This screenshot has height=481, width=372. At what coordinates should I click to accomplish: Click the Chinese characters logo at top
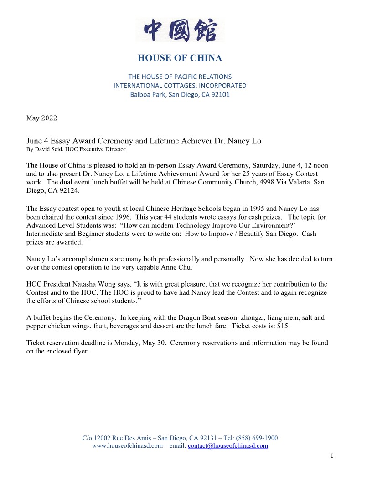(x=180, y=31)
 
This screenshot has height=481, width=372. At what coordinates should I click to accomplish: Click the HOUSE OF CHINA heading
(x=180, y=58)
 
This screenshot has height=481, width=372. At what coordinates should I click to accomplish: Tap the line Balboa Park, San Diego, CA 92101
(x=180, y=95)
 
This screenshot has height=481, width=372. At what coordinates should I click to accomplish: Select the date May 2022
(x=41, y=118)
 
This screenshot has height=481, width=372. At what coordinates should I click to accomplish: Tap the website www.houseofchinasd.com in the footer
(x=127, y=446)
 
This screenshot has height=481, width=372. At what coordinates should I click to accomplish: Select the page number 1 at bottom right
(x=332, y=455)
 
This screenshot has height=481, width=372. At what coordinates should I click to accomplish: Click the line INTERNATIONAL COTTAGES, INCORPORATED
(x=180, y=86)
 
